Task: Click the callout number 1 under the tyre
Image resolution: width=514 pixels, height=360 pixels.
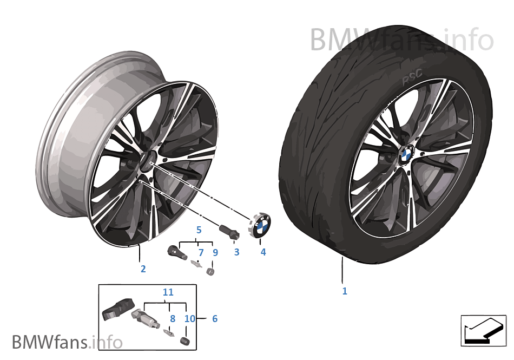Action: (345, 291)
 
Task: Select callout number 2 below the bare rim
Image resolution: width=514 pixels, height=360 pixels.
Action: (143, 269)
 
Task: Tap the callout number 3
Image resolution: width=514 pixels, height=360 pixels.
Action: (236, 252)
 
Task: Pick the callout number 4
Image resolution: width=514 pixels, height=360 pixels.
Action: (263, 252)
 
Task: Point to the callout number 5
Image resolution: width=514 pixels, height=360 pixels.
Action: (199, 230)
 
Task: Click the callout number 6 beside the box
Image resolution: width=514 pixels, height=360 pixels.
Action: (215, 318)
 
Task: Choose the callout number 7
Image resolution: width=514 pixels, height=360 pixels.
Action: (201, 252)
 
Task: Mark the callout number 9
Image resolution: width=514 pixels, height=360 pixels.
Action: (215, 252)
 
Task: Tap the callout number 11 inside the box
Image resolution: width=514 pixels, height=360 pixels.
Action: (168, 292)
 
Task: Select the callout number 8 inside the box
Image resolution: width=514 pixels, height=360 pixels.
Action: (173, 318)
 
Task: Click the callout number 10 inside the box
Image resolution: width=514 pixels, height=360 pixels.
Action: (190, 318)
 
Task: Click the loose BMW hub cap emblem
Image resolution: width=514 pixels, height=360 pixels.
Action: (261, 224)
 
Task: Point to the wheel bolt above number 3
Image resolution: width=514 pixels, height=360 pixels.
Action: (229, 231)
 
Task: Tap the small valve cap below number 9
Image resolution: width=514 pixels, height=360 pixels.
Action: (210, 271)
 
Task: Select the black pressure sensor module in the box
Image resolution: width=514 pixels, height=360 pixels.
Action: (118, 309)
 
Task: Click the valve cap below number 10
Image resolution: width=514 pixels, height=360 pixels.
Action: (185, 341)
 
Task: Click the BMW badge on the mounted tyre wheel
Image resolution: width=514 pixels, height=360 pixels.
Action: (406, 153)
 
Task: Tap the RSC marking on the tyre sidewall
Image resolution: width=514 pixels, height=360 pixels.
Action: (412, 78)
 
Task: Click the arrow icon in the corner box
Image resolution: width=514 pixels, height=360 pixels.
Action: (484, 330)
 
